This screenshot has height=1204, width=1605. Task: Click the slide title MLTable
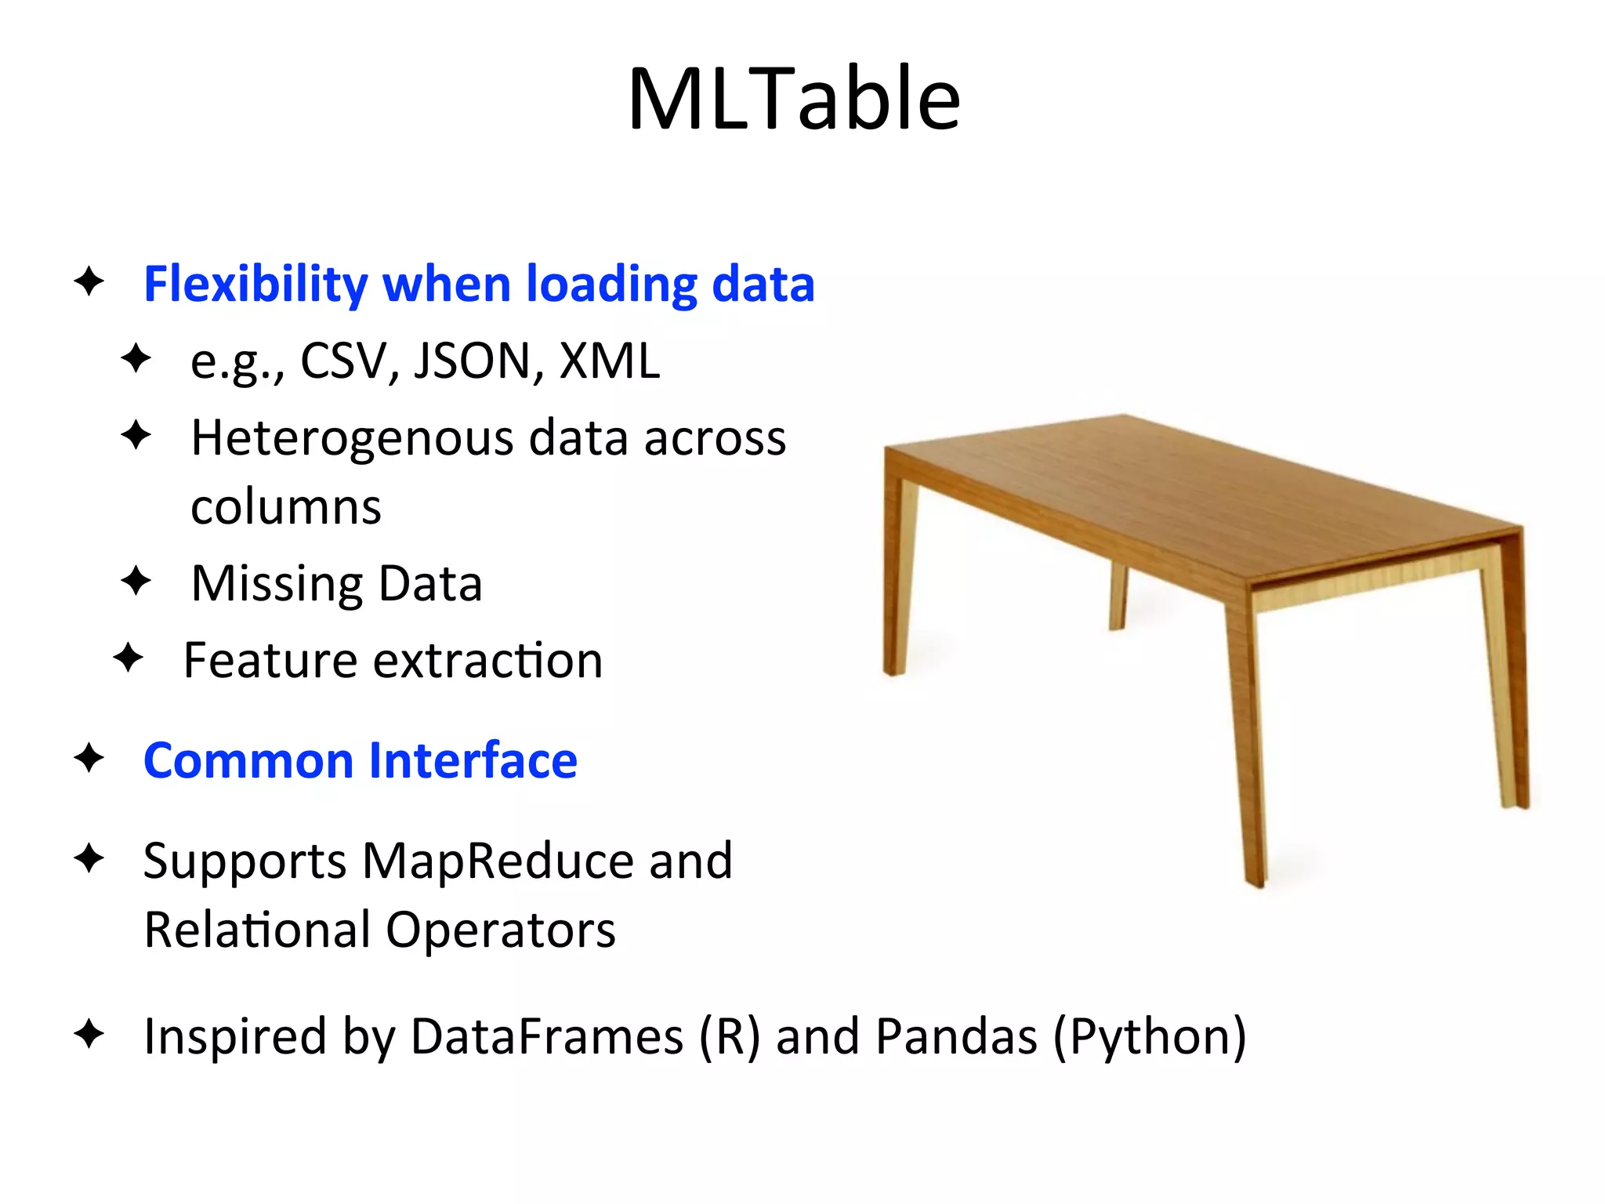[794, 100]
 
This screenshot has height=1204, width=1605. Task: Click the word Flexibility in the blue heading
[255, 285]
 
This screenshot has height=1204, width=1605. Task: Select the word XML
[610, 361]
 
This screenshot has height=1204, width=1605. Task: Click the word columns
[286, 507]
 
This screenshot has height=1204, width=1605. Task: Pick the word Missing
[277, 584]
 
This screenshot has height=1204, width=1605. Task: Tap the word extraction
[487, 660]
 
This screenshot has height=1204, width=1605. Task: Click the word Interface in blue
[473, 760]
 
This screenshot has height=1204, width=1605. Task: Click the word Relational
[257, 930]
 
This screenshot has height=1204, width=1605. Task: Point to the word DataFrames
[546, 1036]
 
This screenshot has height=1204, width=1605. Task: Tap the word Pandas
[956, 1036]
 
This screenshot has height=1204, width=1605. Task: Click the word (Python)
[1149, 1036]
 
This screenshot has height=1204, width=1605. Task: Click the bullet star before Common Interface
[89, 758]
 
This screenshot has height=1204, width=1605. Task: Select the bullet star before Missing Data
[136, 581]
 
